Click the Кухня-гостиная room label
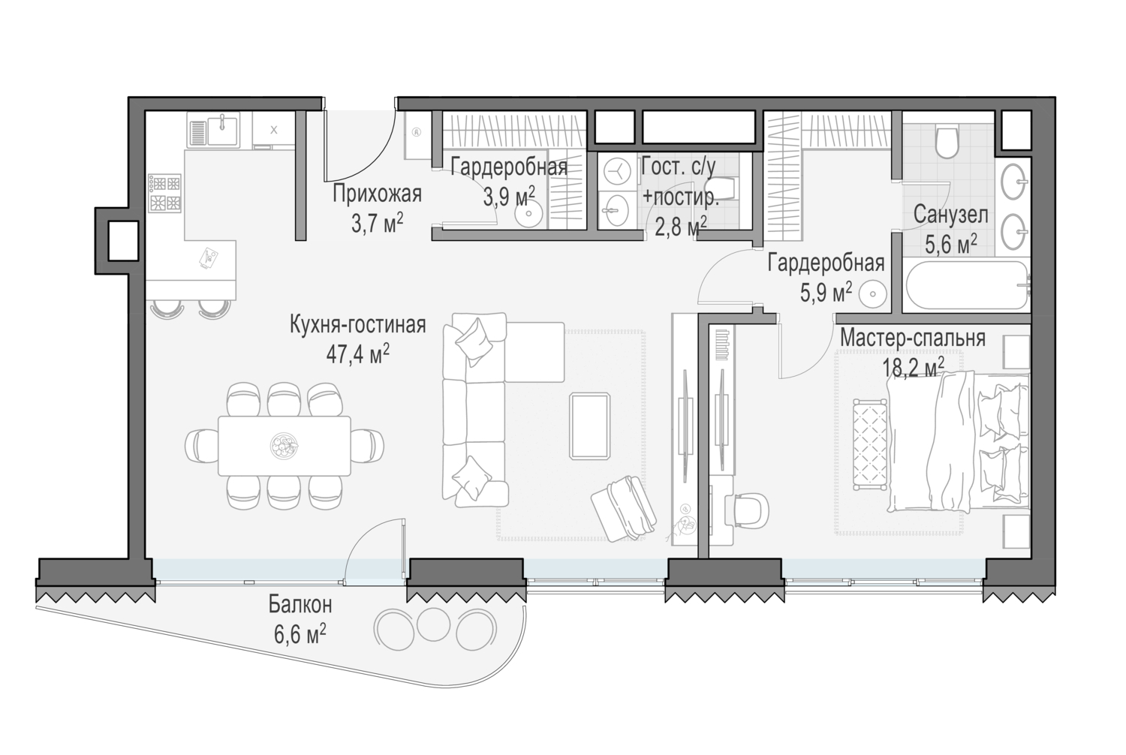click(x=357, y=325)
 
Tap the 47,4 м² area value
click(x=357, y=354)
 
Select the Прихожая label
click(x=377, y=194)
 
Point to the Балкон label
click(x=300, y=605)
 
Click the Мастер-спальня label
click(x=912, y=338)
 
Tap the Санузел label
click(x=950, y=215)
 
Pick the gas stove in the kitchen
click(x=165, y=193)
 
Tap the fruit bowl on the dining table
click(x=285, y=445)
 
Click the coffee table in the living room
click(x=589, y=426)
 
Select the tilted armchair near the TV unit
click(x=623, y=507)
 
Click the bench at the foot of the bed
click(x=870, y=444)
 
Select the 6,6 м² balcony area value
click(x=300, y=634)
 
